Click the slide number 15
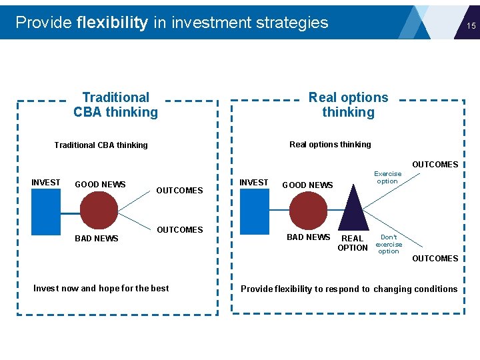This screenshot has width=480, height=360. [471, 26]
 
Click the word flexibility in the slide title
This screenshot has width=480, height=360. [112, 23]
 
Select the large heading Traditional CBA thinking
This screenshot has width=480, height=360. [116, 105]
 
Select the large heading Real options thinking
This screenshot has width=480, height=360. [348, 105]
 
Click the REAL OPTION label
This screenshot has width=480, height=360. [353, 243]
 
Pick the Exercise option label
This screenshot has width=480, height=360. [387, 177]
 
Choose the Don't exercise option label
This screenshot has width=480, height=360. [389, 244]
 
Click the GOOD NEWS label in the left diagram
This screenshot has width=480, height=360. [100, 185]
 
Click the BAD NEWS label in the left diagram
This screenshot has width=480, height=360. [97, 239]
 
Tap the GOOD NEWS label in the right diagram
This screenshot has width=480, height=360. [307, 185]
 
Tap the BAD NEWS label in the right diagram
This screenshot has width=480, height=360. [308, 237]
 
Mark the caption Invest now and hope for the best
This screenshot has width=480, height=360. [101, 289]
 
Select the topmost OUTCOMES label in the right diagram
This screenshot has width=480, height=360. [435, 165]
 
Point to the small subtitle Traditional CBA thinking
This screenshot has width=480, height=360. [101, 145]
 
